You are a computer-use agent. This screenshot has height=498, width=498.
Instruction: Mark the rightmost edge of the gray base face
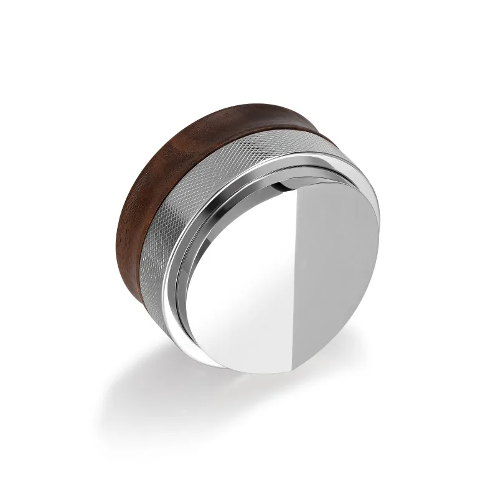click(379, 249)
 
